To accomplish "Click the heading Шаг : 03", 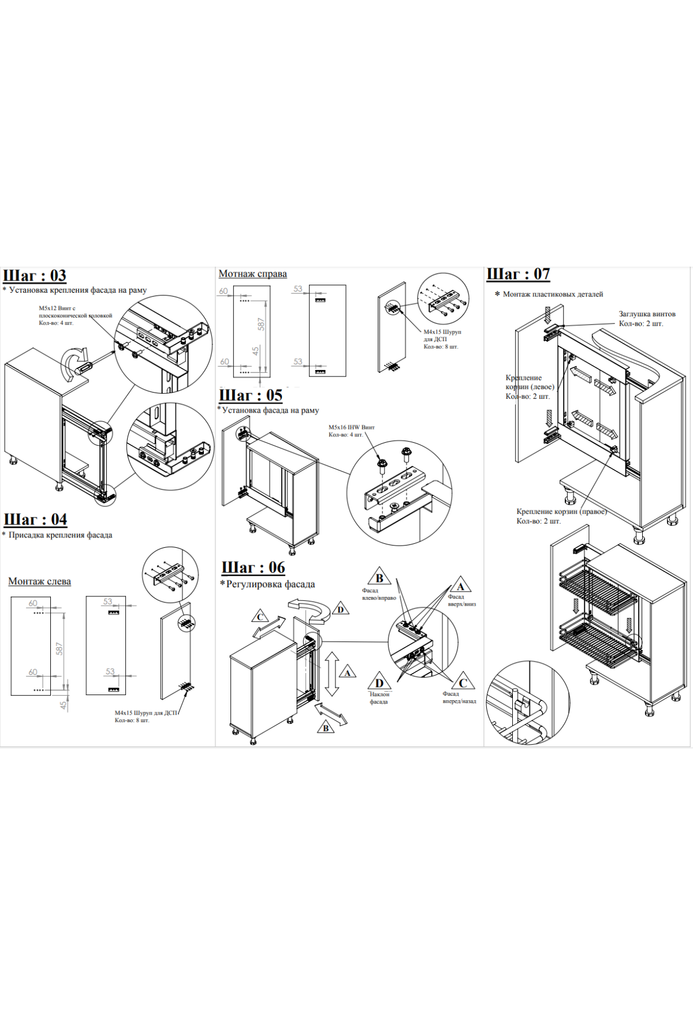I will (x=35, y=276).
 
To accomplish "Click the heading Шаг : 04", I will (x=35, y=520).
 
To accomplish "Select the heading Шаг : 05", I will (x=251, y=395).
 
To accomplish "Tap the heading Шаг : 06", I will (x=254, y=568).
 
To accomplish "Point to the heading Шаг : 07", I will (x=518, y=274).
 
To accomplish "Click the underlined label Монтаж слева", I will (x=39, y=581).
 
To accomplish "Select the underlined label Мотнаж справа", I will (x=252, y=274).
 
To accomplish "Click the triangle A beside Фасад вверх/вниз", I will (x=460, y=586).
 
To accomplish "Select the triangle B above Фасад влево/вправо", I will (x=379, y=577).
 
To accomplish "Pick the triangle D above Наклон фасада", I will (x=379, y=682).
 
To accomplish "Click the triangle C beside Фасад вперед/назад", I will (x=463, y=682).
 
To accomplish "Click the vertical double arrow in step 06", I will (x=331, y=674).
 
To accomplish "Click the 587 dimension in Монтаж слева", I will (x=59, y=649).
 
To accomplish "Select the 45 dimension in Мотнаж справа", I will (x=255, y=351).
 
